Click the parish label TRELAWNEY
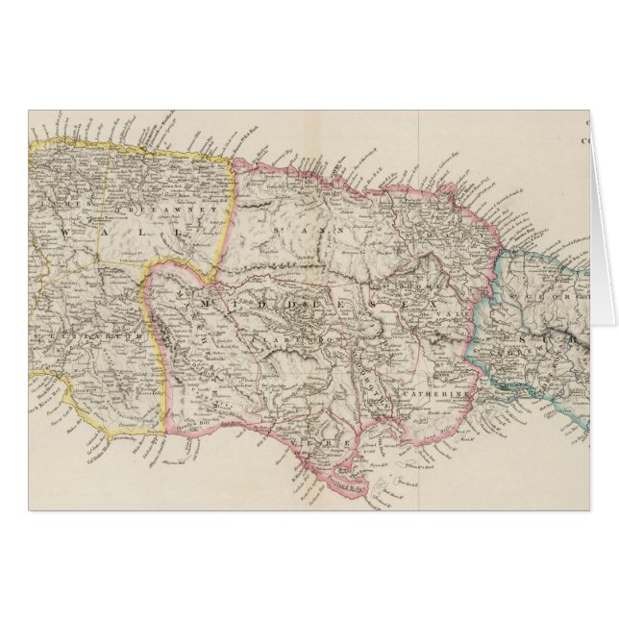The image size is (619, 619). [x=144, y=206]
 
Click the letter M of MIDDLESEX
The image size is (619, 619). [x=205, y=303]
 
